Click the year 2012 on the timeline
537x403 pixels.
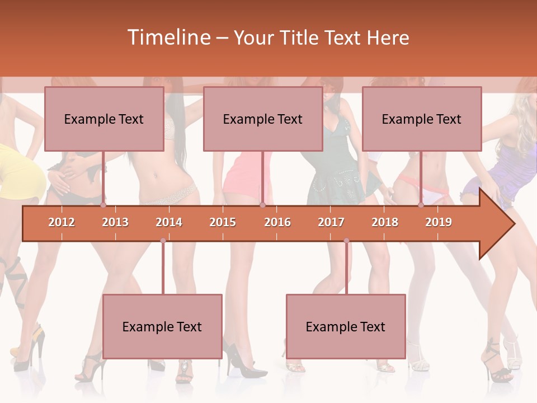[62, 222]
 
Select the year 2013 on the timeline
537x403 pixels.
[115, 222]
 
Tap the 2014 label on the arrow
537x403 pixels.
[169, 222]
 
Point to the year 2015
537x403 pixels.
[223, 222]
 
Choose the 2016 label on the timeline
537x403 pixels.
[277, 222]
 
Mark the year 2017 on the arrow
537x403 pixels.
[331, 222]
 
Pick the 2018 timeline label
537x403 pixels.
[385, 222]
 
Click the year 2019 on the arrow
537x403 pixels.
[439, 222]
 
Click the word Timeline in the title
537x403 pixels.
[169, 38]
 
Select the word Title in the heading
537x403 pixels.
[302, 38]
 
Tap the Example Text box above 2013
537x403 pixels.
[104, 119]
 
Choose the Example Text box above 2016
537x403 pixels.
[263, 119]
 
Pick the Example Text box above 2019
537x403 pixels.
[422, 119]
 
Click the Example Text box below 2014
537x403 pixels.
[162, 327]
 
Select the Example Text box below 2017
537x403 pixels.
[346, 327]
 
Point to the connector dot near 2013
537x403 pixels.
[103, 205]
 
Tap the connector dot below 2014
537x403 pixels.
[163, 241]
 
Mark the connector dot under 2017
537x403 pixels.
[346, 241]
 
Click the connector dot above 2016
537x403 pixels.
[262, 205]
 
